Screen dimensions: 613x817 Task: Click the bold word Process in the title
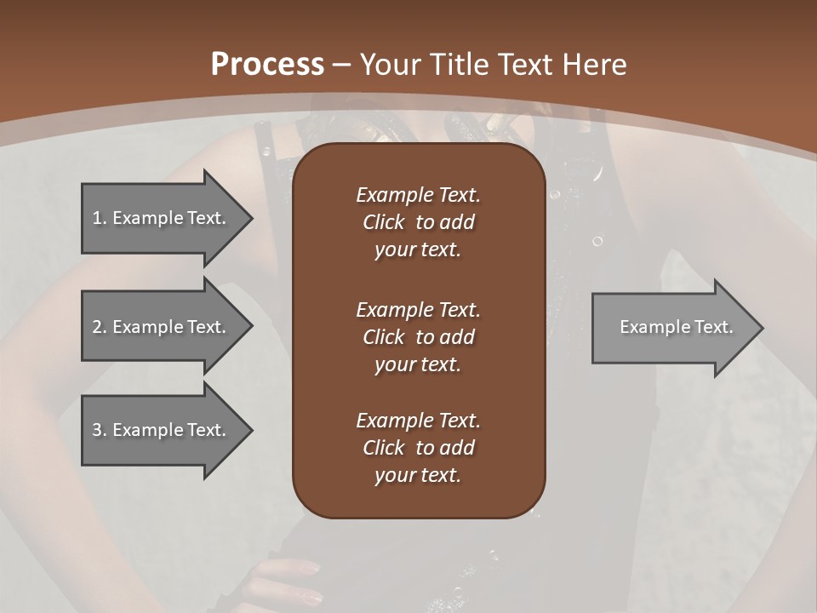coord(267,65)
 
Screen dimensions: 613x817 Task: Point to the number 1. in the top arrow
coord(100,218)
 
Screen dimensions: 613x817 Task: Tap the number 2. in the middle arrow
coord(100,327)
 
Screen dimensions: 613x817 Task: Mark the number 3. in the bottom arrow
coord(100,430)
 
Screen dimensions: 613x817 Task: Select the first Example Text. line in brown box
coord(418,195)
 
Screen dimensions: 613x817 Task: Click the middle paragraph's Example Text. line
coord(418,310)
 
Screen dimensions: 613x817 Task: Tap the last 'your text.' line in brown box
coord(418,476)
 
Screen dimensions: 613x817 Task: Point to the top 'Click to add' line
coord(418,222)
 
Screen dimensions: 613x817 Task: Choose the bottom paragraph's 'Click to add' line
coord(418,448)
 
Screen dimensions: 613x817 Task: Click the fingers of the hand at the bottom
coord(294,579)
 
